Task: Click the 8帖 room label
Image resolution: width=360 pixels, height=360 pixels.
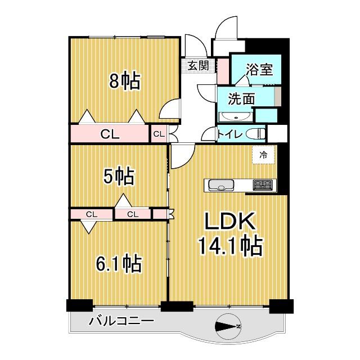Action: point(124,83)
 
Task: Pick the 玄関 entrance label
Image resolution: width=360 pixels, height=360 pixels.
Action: point(197,66)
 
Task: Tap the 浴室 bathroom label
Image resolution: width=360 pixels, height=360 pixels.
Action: point(259,70)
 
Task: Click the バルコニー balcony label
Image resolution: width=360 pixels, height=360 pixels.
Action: point(121,322)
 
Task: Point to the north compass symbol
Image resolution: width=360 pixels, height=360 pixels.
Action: point(228,326)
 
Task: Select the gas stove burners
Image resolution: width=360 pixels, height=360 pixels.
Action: point(263,184)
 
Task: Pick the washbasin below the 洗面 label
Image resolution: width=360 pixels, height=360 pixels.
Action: point(235,116)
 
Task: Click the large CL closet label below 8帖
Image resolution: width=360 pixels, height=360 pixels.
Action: point(110,134)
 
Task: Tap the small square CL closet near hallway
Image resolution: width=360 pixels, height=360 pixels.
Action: point(159,134)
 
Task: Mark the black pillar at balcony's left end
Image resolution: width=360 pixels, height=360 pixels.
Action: point(79,306)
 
